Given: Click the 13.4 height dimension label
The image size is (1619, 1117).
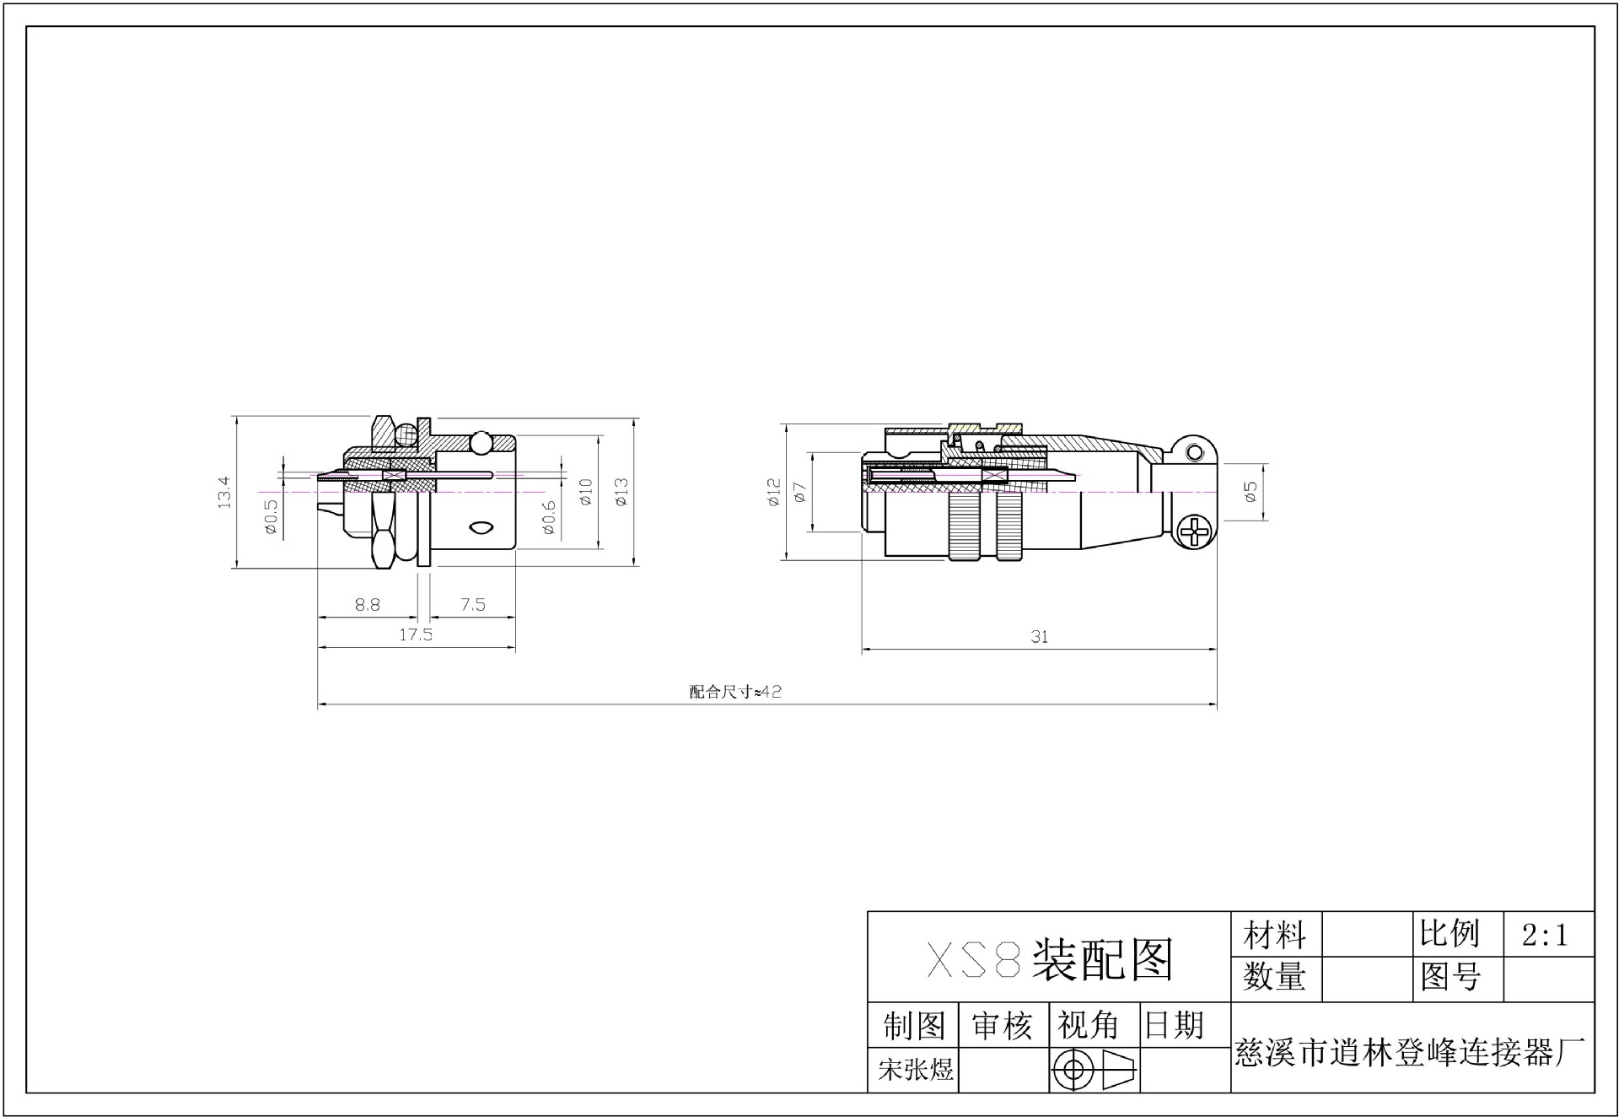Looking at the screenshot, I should point(224,492).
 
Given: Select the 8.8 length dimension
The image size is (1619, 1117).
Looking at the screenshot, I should point(368,604).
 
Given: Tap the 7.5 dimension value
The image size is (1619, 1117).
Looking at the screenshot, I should point(473,604).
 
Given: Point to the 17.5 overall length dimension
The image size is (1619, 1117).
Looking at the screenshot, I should point(416,634).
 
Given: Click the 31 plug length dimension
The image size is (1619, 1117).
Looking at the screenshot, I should point(1039,637).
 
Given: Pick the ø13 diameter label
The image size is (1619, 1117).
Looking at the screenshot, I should point(622,492).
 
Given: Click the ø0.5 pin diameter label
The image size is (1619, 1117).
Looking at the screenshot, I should point(271,516).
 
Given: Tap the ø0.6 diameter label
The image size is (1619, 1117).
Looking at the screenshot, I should point(549,517).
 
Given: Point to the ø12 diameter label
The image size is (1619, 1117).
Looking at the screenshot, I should point(774,492).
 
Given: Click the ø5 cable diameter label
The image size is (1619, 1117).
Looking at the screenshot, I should point(1251,492).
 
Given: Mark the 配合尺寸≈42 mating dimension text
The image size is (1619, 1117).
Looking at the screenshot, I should point(735,692).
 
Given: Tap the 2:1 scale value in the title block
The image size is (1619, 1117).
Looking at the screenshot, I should point(1545,935).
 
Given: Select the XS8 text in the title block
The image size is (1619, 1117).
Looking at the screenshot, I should point(974,959).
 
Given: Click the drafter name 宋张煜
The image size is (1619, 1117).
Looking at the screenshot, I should point(916,1071).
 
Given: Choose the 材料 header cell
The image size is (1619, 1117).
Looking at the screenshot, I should point(1274,935).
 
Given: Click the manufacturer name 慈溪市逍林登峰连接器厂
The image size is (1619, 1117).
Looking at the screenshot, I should point(1410,1053).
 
